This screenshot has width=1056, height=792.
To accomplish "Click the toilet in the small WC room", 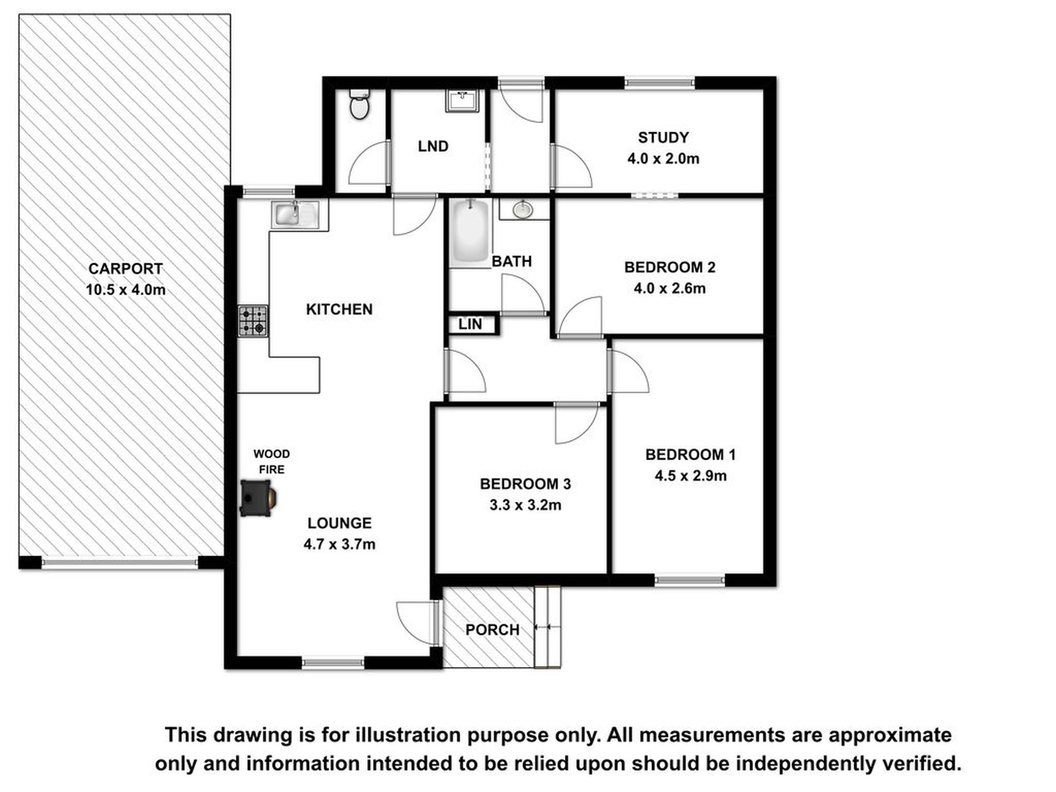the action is (360, 103).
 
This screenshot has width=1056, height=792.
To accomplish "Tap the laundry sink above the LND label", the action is (462, 101).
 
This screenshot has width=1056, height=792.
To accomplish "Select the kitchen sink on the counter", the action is (295, 214).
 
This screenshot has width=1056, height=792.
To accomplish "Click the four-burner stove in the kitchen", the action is (253, 321).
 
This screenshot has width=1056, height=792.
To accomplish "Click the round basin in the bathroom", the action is (522, 210).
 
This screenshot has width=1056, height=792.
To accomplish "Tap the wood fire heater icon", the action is (258, 498).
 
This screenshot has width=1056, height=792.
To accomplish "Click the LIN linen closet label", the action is (470, 324).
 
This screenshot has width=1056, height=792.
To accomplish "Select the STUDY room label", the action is (663, 137).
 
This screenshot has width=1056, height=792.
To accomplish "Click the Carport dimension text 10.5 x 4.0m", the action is (126, 290).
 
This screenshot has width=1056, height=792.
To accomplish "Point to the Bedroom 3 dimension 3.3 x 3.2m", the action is (525, 505).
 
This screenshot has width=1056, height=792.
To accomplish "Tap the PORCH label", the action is (492, 630).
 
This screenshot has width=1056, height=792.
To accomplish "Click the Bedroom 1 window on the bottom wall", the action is (689, 581).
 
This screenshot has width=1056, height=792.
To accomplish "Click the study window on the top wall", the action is (659, 83).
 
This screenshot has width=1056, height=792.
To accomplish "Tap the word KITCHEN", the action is (339, 309).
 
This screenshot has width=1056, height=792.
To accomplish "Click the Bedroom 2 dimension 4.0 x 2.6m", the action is (670, 288).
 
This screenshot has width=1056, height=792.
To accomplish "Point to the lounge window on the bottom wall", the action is (333, 662).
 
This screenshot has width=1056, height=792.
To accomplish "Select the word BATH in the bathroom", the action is (512, 261).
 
